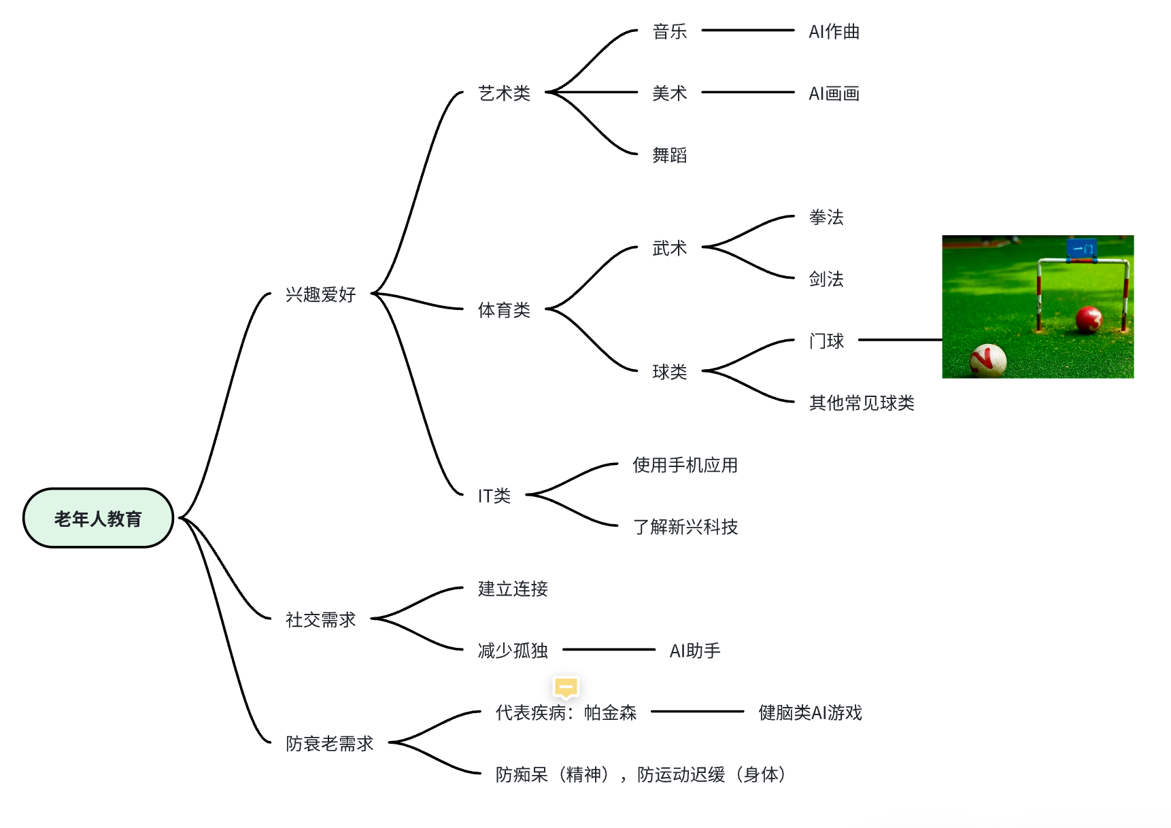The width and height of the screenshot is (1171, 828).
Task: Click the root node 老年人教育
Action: pos(98,519)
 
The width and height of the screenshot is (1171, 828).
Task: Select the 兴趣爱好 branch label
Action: pos(320,294)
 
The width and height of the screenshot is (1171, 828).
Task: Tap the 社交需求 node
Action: pos(320,619)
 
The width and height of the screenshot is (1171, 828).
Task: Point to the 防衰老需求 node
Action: pos(329,743)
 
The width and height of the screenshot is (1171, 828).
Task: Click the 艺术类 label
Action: pos(504,93)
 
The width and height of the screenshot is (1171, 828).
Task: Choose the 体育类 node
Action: pos(504,310)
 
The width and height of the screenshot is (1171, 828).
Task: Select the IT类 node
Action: pos(494,496)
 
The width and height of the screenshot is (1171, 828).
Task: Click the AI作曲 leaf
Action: pos(834,31)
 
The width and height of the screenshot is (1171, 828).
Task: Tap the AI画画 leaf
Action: pos(834,93)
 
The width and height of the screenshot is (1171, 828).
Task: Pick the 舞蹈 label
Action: pos(669,155)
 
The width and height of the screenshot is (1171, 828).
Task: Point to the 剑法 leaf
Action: pos(826,279)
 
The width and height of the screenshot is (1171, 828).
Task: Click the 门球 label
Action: pos(826,341)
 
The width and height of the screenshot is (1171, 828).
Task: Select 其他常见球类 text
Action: pos(861,402)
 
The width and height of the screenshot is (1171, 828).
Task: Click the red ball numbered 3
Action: pos(1089,319)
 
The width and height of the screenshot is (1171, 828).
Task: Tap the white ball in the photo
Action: pos(987,360)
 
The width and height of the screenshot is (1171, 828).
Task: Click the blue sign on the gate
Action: pos(1082,249)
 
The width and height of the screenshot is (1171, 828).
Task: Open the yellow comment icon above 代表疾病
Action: pos(566,687)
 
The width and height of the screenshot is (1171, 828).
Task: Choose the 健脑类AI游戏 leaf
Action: pos(810,712)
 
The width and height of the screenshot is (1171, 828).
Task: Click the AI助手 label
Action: pos(694,651)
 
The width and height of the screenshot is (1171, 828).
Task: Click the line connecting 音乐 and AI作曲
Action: pos(747,31)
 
